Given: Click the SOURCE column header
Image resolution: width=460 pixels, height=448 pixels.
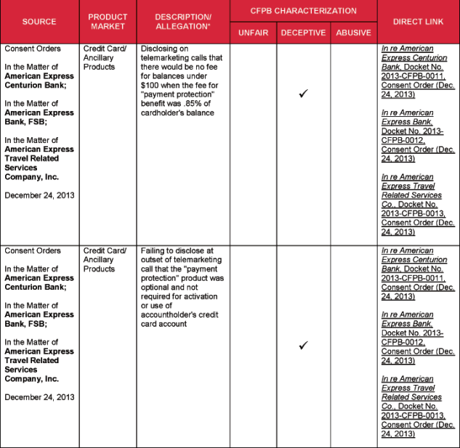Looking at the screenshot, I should pyautogui.click(x=39, y=22).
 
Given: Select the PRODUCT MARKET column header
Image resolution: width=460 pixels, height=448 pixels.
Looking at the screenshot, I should pyautogui.click(x=108, y=22).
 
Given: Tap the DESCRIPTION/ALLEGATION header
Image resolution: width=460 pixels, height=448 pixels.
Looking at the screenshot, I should pyautogui.click(x=183, y=22).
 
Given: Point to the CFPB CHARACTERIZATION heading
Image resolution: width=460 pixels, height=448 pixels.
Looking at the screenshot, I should pyautogui.click(x=303, y=11).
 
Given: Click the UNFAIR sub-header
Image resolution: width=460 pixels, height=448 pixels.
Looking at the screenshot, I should pyautogui.click(x=253, y=33).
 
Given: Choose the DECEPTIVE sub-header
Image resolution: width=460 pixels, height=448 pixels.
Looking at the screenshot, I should pyautogui.click(x=303, y=33).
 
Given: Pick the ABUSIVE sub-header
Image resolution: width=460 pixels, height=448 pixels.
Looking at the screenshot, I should pyautogui.click(x=353, y=33).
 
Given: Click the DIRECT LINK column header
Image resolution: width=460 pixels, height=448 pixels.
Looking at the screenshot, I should pyautogui.click(x=418, y=22).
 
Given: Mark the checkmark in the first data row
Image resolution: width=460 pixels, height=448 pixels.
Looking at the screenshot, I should pyautogui.click(x=303, y=94).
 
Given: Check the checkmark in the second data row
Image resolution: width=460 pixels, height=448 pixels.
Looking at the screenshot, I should pyautogui.click(x=303, y=346).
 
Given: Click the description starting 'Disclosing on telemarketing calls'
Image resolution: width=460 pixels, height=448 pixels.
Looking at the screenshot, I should pyautogui.click(x=182, y=81).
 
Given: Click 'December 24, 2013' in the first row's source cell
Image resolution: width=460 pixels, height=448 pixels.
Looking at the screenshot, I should pyautogui.click(x=39, y=195).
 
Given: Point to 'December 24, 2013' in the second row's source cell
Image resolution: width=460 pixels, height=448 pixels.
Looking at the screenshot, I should pyautogui.click(x=39, y=397).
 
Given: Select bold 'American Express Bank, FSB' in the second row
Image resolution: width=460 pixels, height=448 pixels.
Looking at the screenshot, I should pyautogui.click(x=39, y=319).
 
